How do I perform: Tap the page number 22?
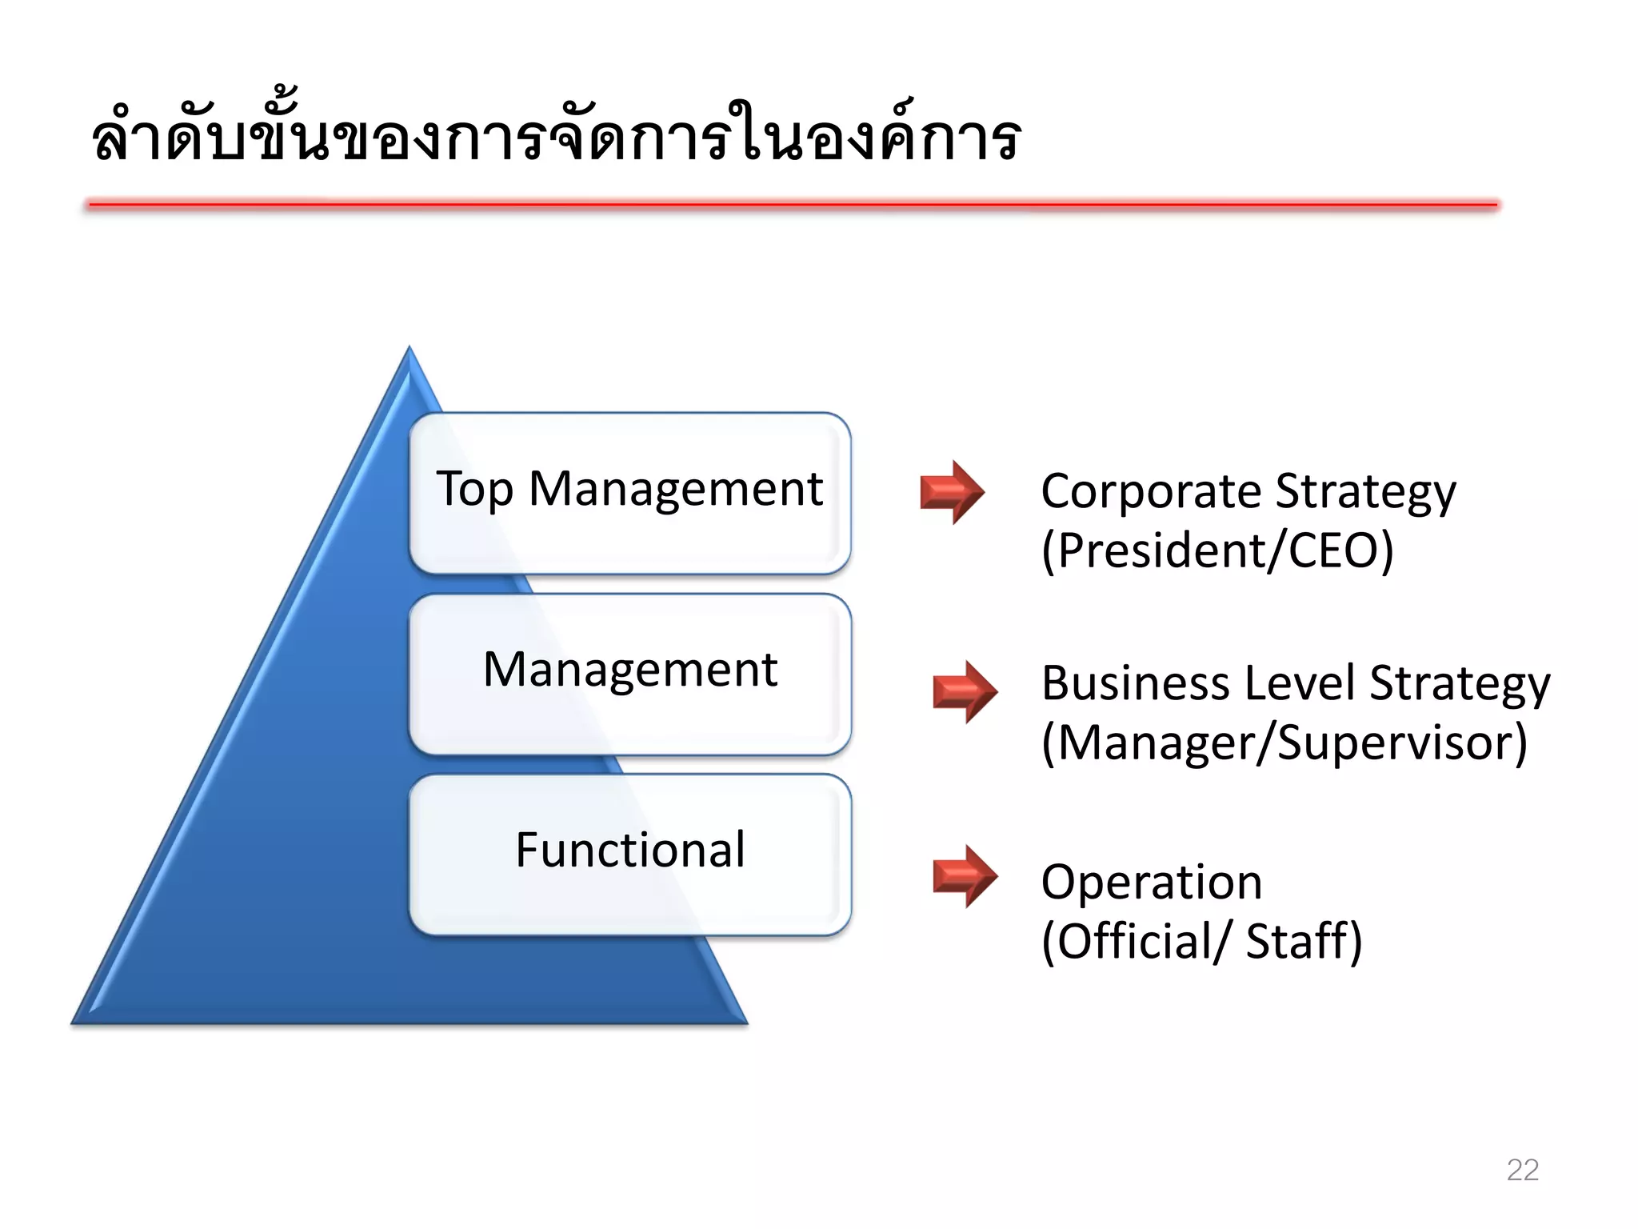(1522, 1170)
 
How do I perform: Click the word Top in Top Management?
(474, 489)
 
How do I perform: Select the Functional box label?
(630, 850)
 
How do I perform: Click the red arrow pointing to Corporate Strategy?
(952, 491)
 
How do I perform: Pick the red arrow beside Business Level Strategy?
(965, 691)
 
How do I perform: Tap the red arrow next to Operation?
(965, 875)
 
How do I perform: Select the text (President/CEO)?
(1217, 550)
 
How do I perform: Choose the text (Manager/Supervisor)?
(1284, 743)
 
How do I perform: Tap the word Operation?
(1152, 882)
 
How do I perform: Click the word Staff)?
(1304, 941)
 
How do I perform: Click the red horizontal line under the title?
(792, 205)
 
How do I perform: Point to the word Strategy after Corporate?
(1365, 493)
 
